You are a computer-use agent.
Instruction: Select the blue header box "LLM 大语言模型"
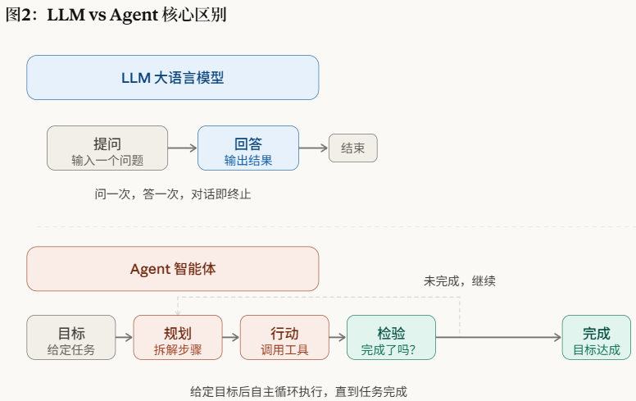(x=172, y=78)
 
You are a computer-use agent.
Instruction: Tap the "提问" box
(x=107, y=148)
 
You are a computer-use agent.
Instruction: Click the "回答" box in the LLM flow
(x=248, y=148)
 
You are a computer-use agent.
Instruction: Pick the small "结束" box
(x=352, y=148)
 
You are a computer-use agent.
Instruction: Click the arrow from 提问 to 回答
(x=183, y=148)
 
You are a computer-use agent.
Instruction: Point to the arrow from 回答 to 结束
(x=313, y=148)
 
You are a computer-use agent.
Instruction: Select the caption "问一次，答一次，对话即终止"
(x=173, y=194)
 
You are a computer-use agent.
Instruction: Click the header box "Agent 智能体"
(x=172, y=269)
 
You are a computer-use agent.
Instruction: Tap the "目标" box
(x=71, y=337)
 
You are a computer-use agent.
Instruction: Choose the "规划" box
(x=178, y=337)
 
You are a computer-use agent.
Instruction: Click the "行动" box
(x=284, y=337)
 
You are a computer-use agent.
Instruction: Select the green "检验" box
(x=391, y=337)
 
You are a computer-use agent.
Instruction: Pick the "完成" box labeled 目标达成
(x=596, y=337)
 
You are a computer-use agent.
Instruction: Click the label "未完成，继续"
(x=459, y=280)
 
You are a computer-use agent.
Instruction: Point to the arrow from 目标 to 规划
(x=125, y=337)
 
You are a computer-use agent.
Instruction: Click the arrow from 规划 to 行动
(x=231, y=337)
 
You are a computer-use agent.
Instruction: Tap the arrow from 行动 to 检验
(x=338, y=337)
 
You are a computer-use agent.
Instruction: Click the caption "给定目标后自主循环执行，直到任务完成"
(x=298, y=391)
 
